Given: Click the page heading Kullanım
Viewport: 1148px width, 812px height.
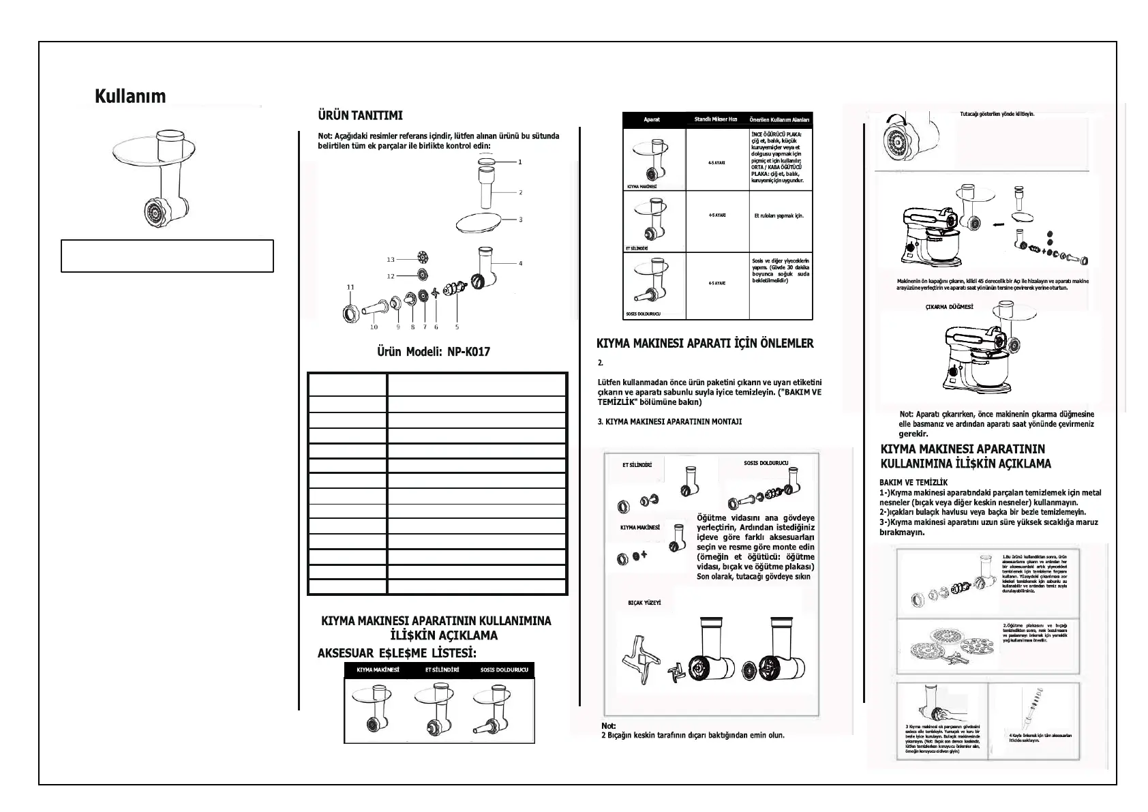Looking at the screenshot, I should [x=130, y=96].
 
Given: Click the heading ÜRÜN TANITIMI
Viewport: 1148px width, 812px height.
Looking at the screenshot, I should [x=360, y=115].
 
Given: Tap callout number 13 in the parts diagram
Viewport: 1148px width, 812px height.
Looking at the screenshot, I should [x=391, y=260].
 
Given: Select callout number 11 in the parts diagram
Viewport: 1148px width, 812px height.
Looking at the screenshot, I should [x=350, y=288].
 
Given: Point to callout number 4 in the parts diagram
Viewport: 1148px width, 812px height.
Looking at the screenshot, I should [x=520, y=263].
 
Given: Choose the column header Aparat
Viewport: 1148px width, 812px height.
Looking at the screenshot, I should [x=652, y=120].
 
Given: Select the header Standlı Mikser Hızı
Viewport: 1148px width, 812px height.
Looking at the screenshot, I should [x=716, y=119].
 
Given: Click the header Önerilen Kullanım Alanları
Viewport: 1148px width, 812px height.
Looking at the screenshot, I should [x=779, y=120].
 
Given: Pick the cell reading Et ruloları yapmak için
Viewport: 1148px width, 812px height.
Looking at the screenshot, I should [x=779, y=215].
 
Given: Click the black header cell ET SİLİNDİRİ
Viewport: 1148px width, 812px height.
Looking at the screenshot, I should [x=442, y=670].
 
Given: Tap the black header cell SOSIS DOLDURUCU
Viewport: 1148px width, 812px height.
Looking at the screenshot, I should [x=504, y=670].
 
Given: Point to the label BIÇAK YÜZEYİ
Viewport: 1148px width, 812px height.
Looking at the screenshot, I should [x=644, y=603].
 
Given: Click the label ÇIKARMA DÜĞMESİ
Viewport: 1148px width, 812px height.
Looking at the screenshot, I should [x=949, y=307].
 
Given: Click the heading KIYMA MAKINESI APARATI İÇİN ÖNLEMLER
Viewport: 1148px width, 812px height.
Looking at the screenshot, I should [x=705, y=344].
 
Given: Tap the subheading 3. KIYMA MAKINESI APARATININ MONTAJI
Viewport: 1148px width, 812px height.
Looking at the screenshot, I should [x=669, y=422].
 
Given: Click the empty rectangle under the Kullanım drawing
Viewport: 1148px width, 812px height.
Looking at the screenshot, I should [x=167, y=256].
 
